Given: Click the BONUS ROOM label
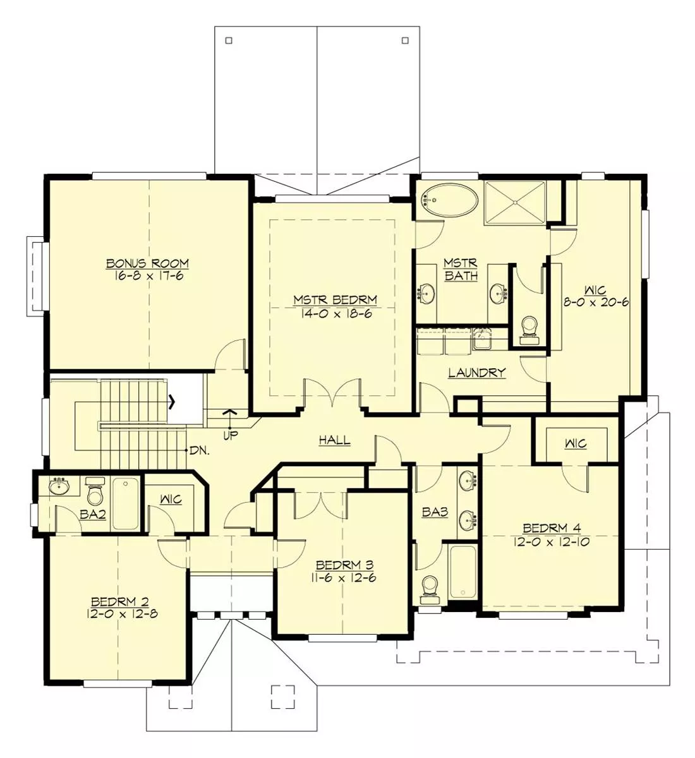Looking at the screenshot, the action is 147,263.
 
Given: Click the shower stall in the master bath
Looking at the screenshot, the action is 516,203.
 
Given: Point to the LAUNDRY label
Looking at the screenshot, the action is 477,373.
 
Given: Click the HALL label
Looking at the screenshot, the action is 335,440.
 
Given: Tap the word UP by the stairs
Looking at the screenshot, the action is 230,436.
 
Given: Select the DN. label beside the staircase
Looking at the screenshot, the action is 199,450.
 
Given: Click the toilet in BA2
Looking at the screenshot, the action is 95,491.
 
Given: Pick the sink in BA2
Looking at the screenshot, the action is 59,486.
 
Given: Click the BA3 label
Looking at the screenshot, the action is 435,512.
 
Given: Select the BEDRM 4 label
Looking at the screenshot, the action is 552,528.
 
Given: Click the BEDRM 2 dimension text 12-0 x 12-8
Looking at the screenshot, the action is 122,614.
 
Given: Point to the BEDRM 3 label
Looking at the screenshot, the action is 344,565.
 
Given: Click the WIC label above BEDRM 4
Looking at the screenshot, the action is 576,443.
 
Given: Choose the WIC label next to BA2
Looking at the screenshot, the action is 171,499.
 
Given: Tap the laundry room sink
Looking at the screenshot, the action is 482,339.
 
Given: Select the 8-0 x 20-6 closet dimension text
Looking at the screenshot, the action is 596,303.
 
